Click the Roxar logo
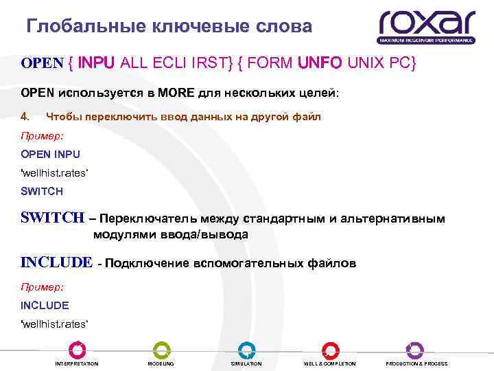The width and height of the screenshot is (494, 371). tap(426, 26)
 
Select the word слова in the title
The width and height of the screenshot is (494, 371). tap(283, 26)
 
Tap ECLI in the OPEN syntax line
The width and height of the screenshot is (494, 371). tap(180, 64)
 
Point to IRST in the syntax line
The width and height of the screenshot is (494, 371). tap(217, 64)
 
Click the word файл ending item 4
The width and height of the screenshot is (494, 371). tap(307, 117)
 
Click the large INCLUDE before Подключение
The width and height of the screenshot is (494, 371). tap(56, 262)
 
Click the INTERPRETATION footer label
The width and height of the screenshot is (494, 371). tap(76, 363)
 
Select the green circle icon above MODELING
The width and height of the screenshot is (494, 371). tap(161, 350)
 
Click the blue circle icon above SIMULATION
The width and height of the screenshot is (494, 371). tap(246, 350)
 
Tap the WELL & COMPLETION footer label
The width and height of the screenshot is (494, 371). tap(330, 363)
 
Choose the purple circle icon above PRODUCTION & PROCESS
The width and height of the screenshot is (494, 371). tap(415, 350)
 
